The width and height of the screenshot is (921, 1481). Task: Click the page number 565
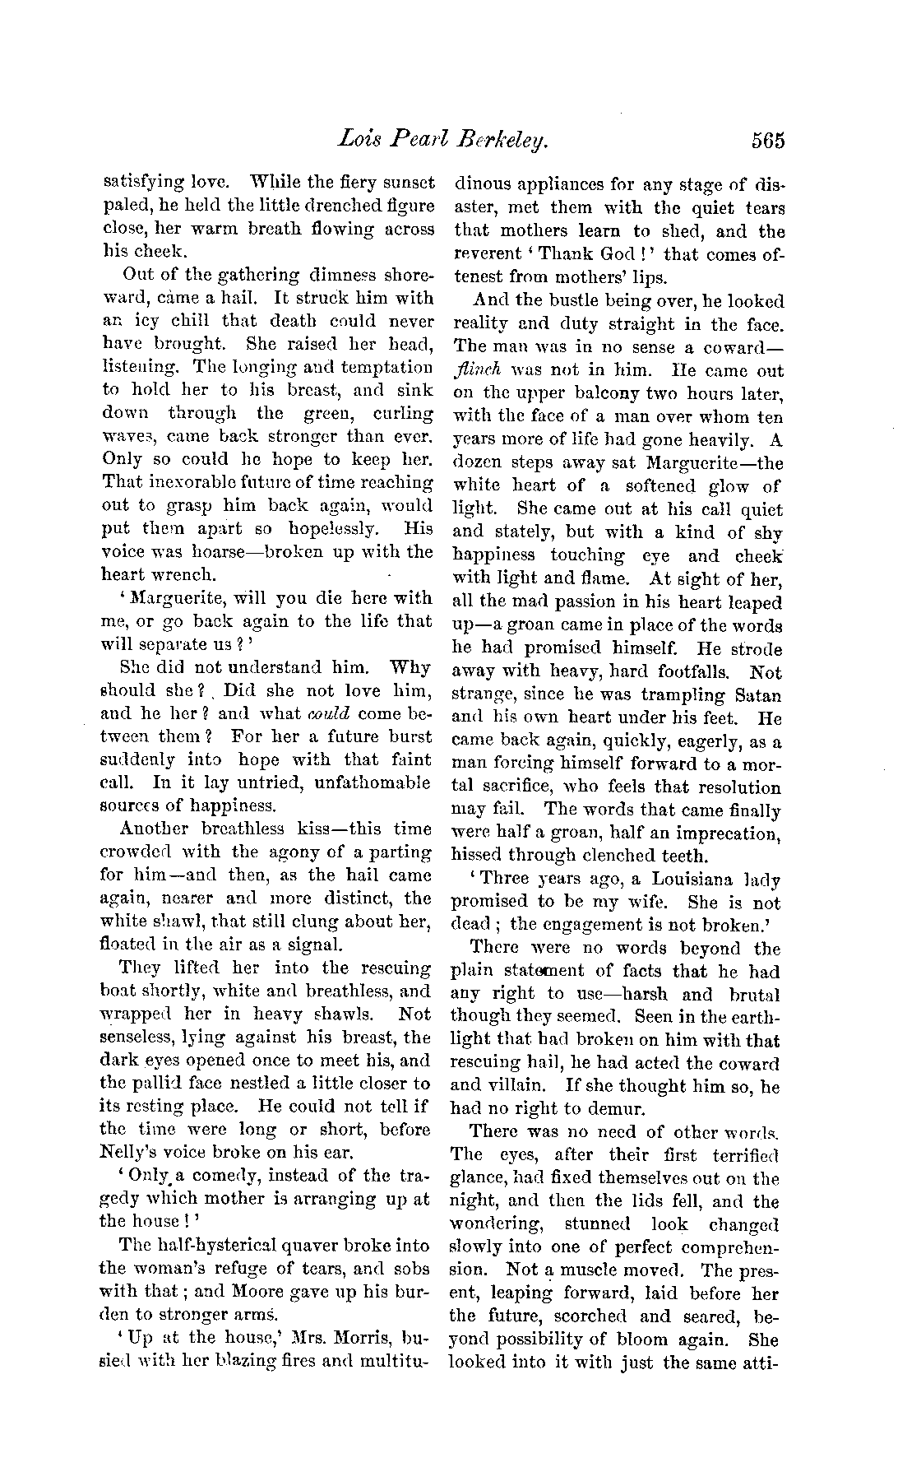click(x=766, y=141)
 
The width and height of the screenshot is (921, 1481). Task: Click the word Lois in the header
click(x=358, y=140)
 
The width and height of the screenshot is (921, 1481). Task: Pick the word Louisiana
click(x=681, y=880)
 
